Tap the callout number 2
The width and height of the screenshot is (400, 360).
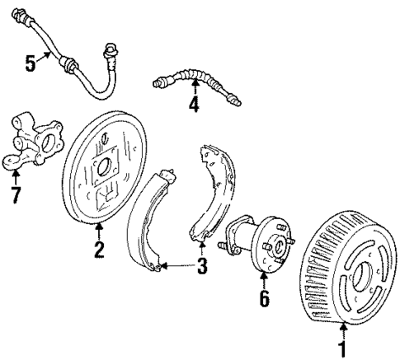[99, 249]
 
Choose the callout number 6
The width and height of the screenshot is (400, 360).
[264, 297]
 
